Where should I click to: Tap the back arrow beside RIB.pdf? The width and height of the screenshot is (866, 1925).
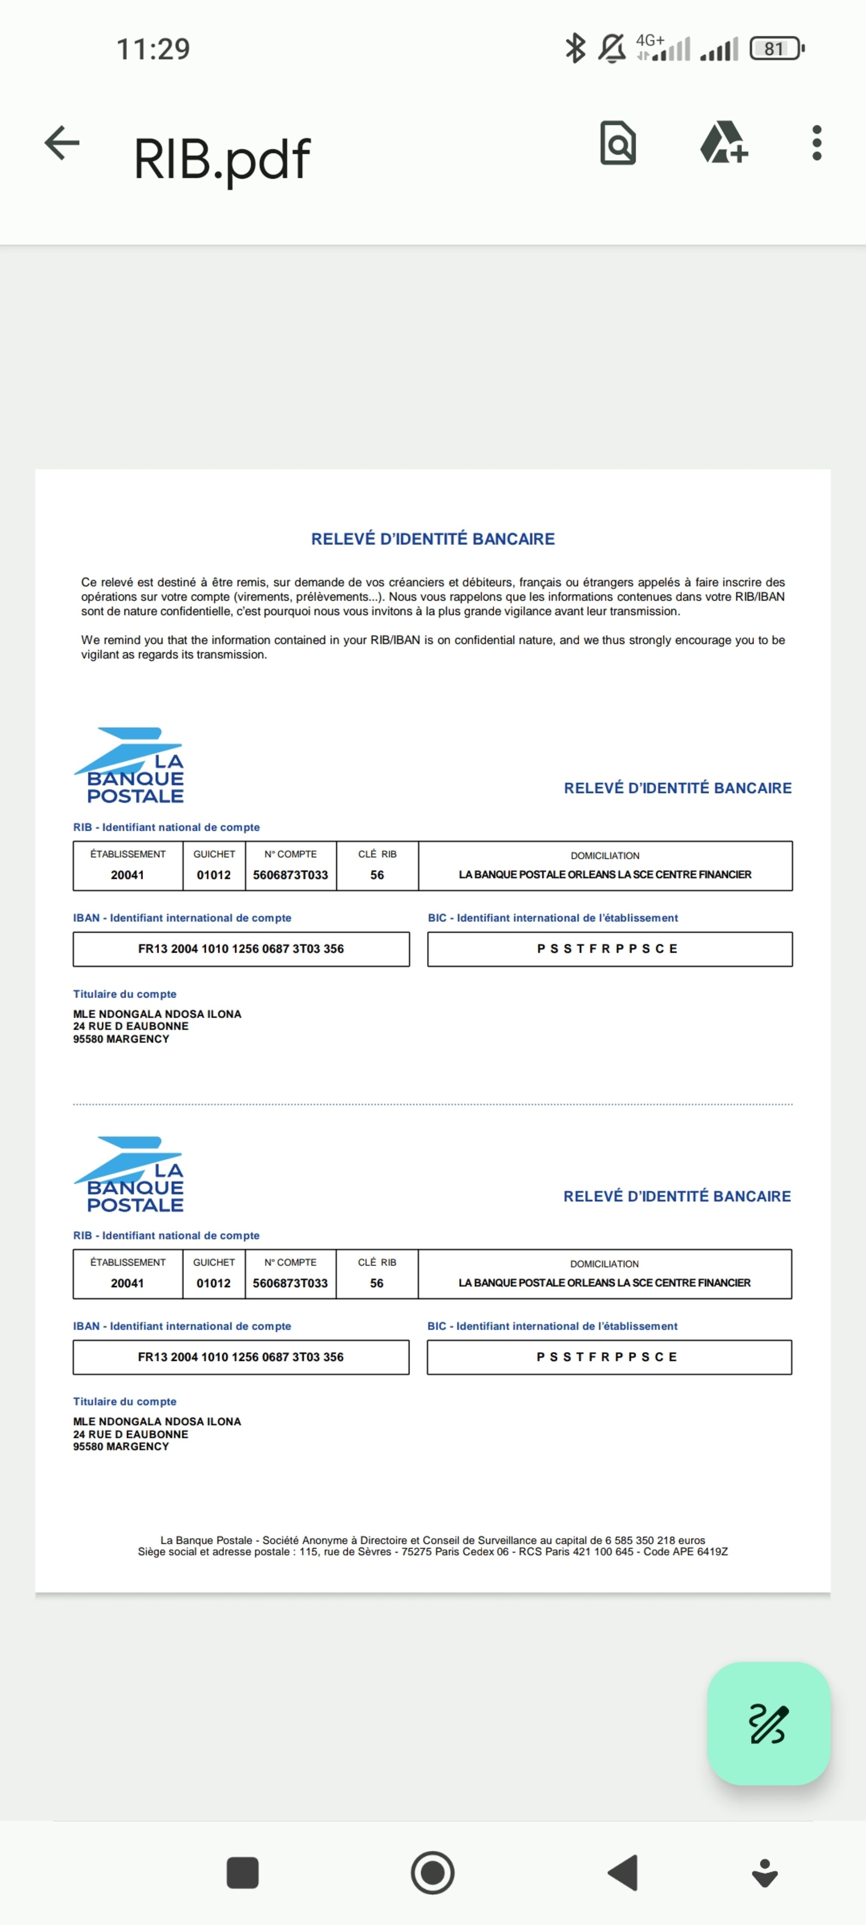(x=62, y=143)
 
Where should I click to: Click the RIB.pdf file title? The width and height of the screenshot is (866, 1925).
(x=221, y=159)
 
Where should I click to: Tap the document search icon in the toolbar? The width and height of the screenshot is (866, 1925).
(x=618, y=143)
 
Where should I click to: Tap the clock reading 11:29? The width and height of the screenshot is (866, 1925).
(x=153, y=49)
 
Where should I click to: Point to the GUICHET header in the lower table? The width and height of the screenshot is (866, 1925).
(x=214, y=1262)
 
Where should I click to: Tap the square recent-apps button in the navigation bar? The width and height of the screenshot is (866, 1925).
(x=242, y=1873)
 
